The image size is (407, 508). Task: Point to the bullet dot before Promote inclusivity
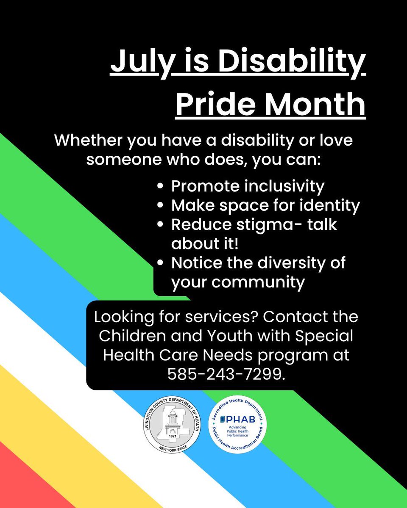[160, 186]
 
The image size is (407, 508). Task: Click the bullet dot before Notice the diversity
[160, 263]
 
